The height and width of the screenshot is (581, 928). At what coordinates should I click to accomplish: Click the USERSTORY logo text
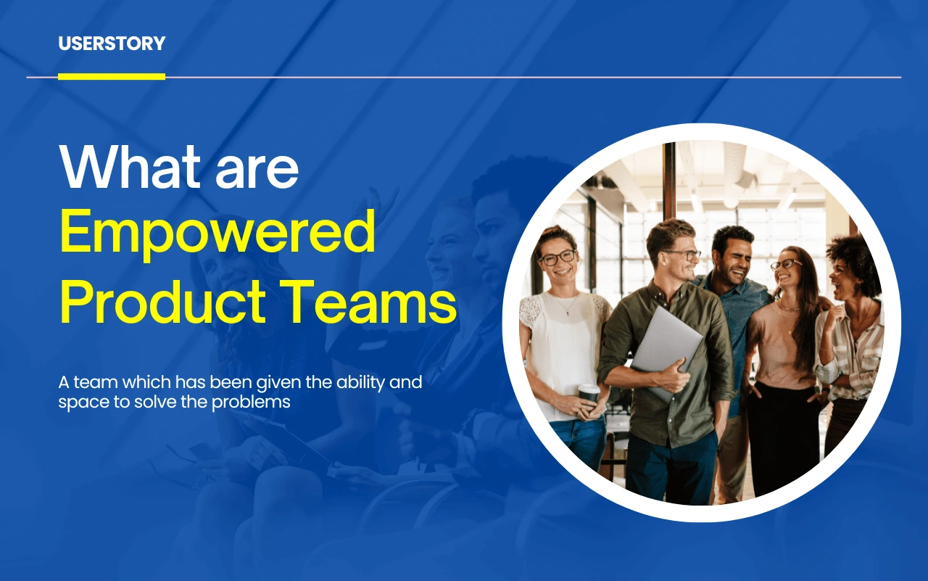pyautogui.click(x=112, y=44)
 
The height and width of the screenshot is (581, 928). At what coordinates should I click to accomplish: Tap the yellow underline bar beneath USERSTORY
pyautogui.click(x=112, y=76)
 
